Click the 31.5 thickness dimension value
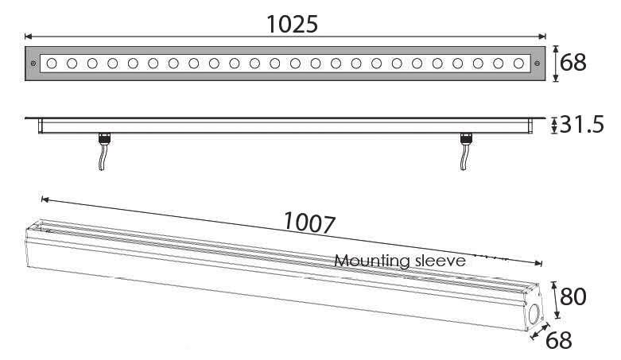584,125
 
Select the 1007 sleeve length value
309,223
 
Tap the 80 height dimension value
572,296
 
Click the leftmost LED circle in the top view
52,63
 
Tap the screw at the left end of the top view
33,63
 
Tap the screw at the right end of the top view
538,63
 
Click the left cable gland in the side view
103,140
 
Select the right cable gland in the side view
467,140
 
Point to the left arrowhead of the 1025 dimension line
29,36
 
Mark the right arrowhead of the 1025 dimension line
543,36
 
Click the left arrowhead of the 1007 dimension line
45,199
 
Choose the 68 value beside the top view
573,62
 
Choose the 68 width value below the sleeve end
559,341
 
